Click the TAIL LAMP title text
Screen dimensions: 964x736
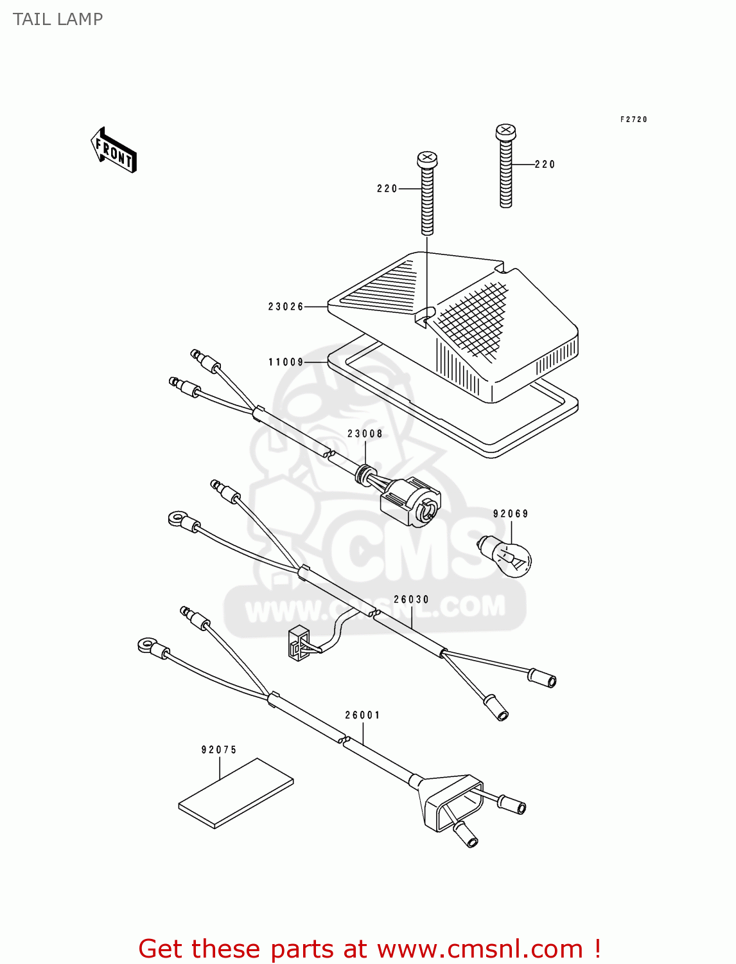pos(58,19)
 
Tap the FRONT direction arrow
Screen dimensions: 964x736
pos(114,150)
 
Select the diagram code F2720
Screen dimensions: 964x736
pos(633,120)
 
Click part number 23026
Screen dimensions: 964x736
pos(286,307)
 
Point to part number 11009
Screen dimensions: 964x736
pos(286,362)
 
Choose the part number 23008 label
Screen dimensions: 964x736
pos(365,434)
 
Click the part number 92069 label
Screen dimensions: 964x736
pos(511,513)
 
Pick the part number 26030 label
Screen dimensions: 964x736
pos(411,600)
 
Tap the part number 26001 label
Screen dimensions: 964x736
pos(362,715)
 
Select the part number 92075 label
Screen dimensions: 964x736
pos(219,750)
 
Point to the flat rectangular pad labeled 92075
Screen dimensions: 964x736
pos(236,793)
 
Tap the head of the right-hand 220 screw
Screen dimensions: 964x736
pos(505,133)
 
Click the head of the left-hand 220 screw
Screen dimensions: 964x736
pos(427,159)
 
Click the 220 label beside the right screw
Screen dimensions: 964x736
pos(545,165)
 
